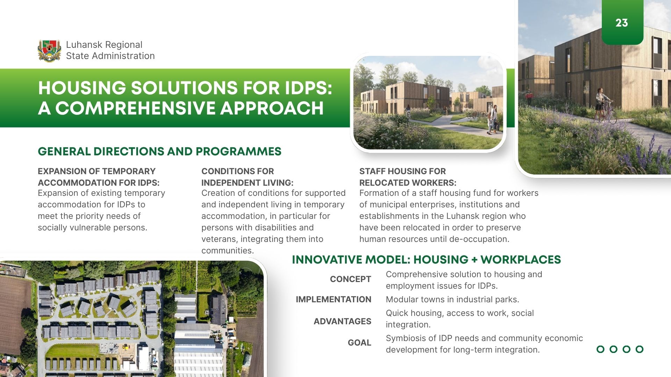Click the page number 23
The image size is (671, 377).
(x=622, y=23)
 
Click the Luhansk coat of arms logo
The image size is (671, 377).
(x=49, y=51)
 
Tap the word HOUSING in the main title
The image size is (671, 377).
(x=82, y=88)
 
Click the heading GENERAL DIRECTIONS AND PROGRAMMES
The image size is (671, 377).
(x=159, y=151)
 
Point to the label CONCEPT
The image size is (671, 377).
(x=351, y=279)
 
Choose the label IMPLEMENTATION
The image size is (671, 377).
(x=333, y=300)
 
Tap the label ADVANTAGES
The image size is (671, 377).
(x=342, y=321)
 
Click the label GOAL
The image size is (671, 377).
(x=359, y=343)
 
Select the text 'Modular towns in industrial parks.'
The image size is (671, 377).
(x=452, y=300)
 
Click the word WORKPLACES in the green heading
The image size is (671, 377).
(x=521, y=260)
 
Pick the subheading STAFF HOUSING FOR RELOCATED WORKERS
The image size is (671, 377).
(x=408, y=177)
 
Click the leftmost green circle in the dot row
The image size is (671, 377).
(x=600, y=349)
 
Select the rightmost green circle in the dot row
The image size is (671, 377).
(x=640, y=349)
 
